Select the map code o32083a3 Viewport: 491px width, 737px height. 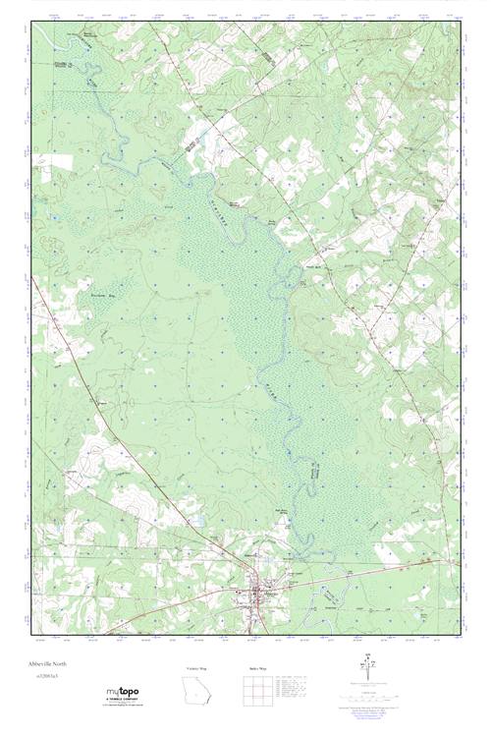point(43,677)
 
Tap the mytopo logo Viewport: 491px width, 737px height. point(122,692)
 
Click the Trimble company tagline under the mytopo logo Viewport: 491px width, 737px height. point(122,704)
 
